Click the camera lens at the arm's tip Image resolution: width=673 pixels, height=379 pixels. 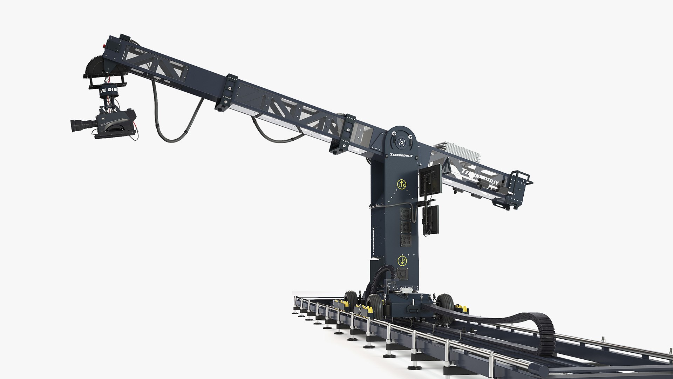(79, 125)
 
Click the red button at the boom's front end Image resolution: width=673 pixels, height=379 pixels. (104, 45)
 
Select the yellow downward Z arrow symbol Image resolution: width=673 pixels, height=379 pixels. (402, 260)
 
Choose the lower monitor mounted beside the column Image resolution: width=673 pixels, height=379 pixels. (430, 219)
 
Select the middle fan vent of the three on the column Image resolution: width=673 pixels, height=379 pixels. (406, 226)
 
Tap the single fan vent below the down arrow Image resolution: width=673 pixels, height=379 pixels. (403, 274)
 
